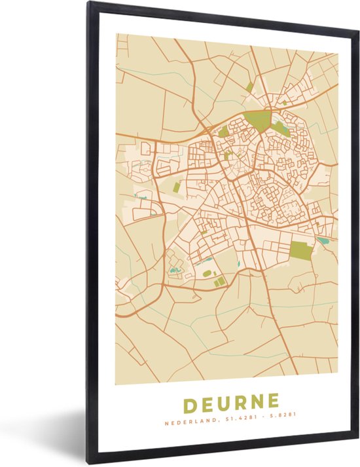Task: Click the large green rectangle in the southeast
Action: click(302, 250)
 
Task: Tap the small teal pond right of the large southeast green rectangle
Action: click(323, 241)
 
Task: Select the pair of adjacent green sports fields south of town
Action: click(219, 281)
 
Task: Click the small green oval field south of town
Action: click(207, 273)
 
